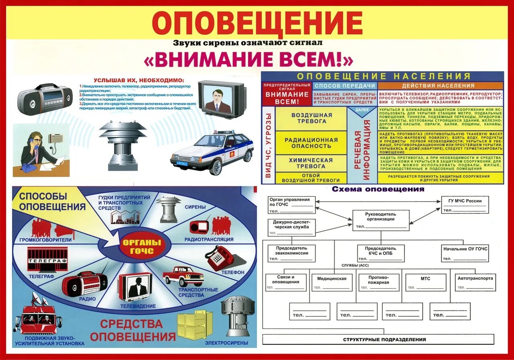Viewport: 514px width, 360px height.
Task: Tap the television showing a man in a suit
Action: tap(222, 98)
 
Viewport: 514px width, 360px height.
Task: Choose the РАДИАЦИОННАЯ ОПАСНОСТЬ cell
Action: tap(311, 143)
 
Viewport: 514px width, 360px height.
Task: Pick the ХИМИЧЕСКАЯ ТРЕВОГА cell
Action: tap(311, 163)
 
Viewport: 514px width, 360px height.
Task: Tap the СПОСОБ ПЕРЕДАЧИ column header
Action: tap(345, 86)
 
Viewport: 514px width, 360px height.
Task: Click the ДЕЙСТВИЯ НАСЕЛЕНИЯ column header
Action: tap(440, 86)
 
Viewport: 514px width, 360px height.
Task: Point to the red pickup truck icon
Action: tap(183, 276)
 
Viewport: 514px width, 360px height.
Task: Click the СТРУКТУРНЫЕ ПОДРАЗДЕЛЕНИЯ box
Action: tap(384, 340)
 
